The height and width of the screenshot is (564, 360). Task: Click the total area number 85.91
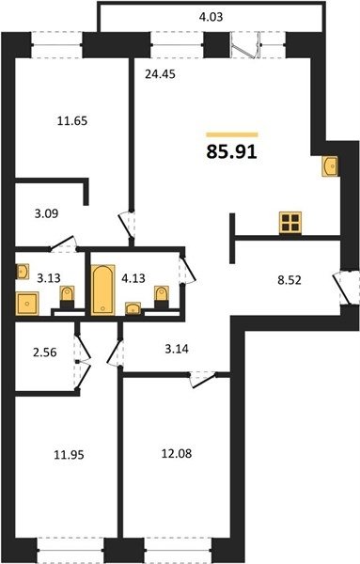pyautogui.click(x=231, y=151)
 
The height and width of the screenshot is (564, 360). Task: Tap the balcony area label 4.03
pyautogui.click(x=211, y=17)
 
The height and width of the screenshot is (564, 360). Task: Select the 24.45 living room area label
pyautogui.click(x=160, y=74)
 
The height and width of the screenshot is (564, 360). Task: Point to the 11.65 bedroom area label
pyautogui.click(x=72, y=121)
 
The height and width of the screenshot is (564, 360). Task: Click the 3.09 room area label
pyautogui.click(x=46, y=213)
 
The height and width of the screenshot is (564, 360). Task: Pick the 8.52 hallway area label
pyautogui.click(x=290, y=280)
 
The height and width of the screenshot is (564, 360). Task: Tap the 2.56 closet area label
pyautogui.click(x=44, y=352)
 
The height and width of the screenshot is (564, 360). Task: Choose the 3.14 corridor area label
pyautogui.click(x=177, y=349)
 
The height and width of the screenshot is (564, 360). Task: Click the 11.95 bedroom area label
pyautogui.click(x=69, y=455)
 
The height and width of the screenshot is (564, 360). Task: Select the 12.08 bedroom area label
pyautogui.click(x=177, y=454)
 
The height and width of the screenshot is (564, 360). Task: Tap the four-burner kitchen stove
pyautogui.click(x=290, y=223)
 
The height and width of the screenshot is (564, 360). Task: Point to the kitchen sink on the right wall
pyautogui.click(x=330, y=166)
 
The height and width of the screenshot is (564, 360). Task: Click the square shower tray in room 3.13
pyautogui.click(x=27, y=304)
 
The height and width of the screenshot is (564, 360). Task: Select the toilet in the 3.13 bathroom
pyautogui.click(x=67, y=297)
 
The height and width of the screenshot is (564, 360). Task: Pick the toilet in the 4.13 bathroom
pyautogui.click(x=162, y=297)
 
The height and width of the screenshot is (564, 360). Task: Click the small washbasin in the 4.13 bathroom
pyautogui.click(x=133, y=308)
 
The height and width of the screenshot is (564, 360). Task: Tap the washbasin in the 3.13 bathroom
pyautogui.click(x=23, y=272)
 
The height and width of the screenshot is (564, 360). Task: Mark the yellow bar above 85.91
pyautogui.click(x=232, y=134)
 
